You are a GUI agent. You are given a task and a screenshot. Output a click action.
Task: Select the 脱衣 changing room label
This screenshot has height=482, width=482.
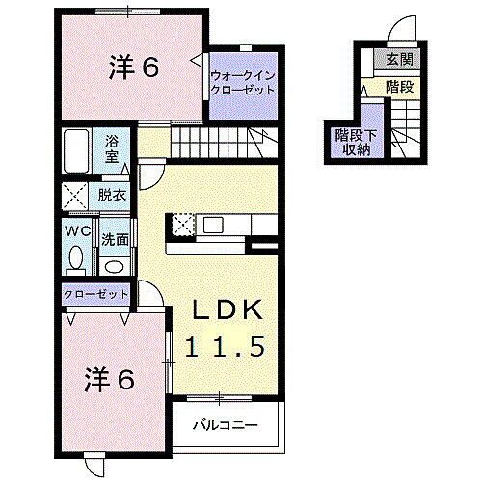pos(112,195)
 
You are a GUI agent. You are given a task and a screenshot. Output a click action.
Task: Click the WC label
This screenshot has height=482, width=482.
pos(77,231)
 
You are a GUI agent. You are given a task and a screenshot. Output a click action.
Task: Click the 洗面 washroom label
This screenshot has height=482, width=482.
pos(114,237)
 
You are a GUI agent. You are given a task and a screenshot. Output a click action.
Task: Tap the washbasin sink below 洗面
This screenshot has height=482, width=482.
pos(114,266)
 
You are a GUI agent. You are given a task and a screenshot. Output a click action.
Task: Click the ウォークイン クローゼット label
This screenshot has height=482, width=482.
pos(242,81)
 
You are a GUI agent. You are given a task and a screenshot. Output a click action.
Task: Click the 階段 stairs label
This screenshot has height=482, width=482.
pos(398,87)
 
